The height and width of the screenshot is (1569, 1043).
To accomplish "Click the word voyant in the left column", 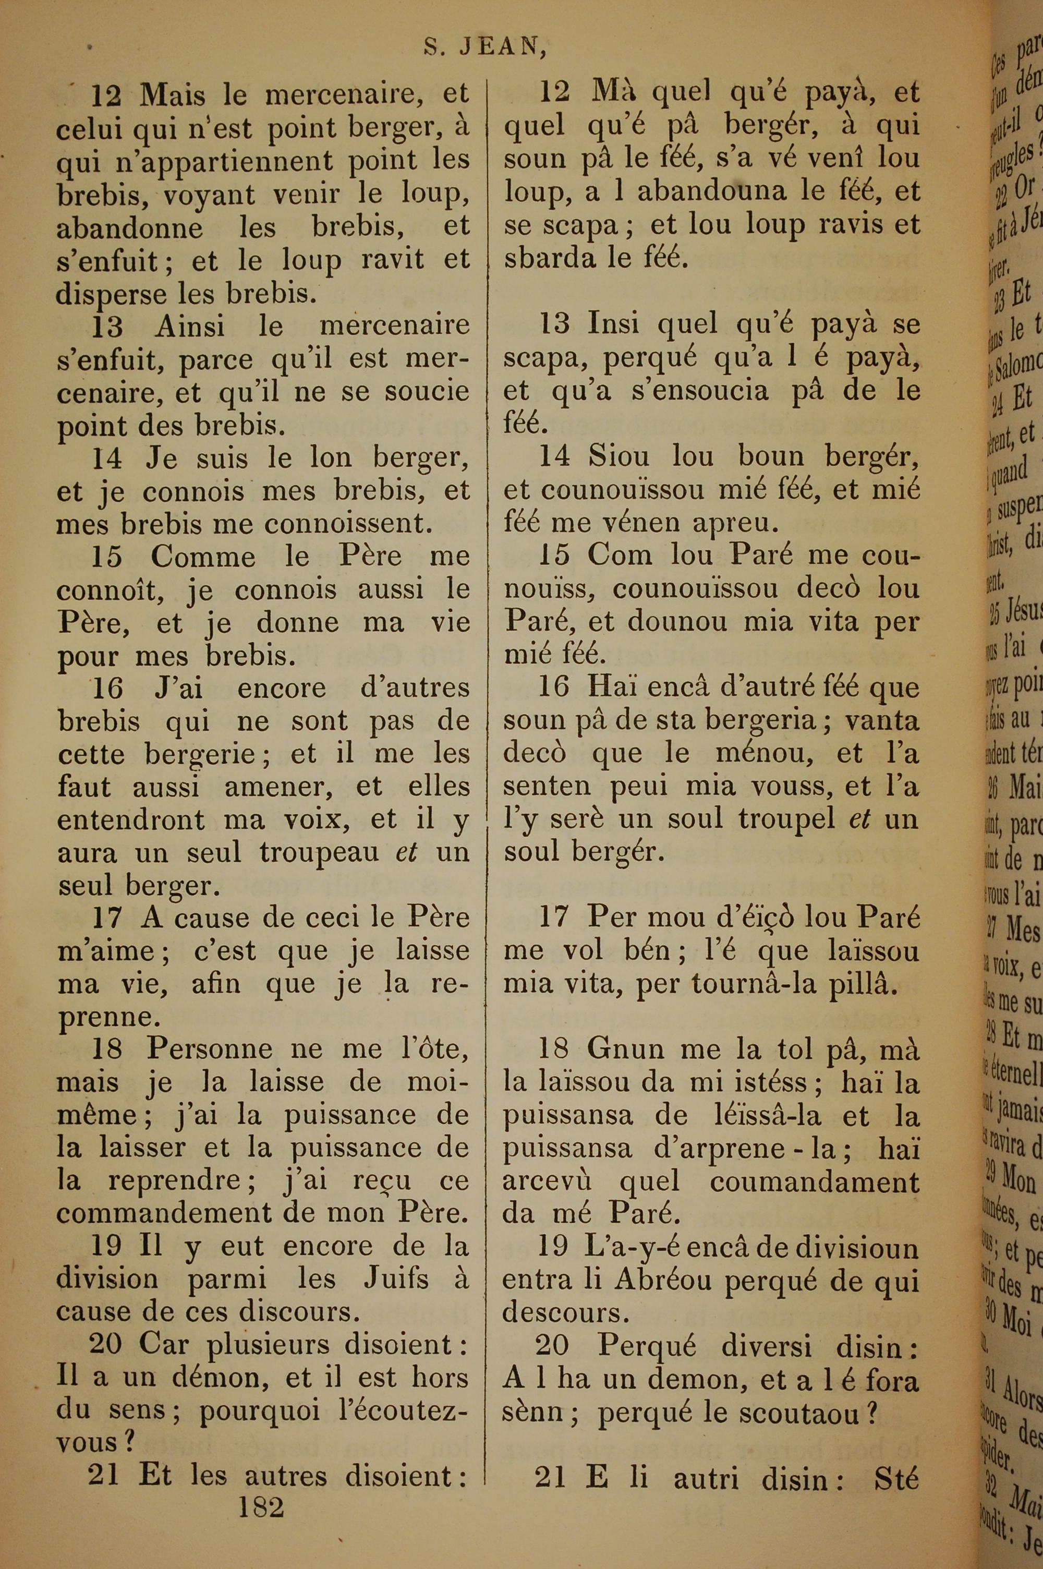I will point(200,194).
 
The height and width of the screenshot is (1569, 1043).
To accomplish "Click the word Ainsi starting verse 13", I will point(190,326).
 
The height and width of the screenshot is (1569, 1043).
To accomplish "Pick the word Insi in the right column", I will point(613,324).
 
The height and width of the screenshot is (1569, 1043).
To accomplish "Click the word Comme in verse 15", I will point(202,556).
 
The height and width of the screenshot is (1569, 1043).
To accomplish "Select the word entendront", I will point(131,819).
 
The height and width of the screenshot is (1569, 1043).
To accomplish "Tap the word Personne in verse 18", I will point(210,1049).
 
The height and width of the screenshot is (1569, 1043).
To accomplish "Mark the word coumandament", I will point(814,1181).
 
